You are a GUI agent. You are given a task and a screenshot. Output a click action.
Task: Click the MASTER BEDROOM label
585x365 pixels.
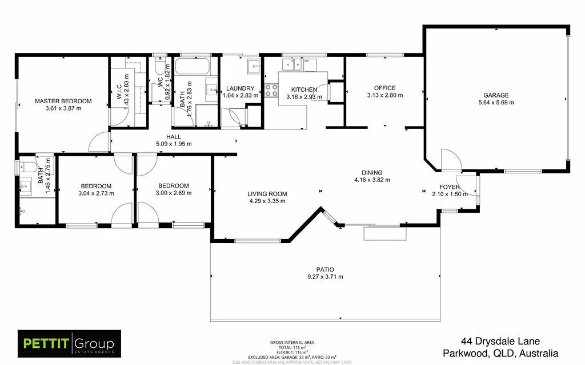tap(63, 102)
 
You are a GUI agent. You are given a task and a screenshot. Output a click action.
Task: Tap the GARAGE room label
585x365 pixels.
tap(496, 95)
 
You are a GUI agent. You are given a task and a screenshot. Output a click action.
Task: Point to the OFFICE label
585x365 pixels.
tap(384, 88)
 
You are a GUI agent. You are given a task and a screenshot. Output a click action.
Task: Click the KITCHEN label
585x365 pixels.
tap(304, 90)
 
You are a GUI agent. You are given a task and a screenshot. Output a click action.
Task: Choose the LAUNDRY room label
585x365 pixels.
tap(240, 88)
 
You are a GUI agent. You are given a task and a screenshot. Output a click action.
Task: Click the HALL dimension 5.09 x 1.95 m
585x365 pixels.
tap(174, 144)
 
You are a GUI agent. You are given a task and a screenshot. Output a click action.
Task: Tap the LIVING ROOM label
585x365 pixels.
tap(267, 193)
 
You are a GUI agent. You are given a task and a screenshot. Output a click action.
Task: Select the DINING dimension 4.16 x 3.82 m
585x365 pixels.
tap(372, 180)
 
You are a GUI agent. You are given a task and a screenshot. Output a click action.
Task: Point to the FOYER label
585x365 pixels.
tap(450, 187)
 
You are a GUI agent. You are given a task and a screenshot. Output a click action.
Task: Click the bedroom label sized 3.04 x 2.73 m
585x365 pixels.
tap(96, 186)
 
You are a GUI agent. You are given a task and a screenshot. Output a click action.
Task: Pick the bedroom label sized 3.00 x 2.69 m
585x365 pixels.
tap(173, 185)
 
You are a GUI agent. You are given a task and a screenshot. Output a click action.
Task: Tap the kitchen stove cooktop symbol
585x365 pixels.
tap(271, 90)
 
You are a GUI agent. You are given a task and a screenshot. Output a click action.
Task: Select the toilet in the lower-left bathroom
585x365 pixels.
tap(23, 168)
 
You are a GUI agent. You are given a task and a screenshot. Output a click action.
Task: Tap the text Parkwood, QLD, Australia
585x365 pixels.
tap(500, 354)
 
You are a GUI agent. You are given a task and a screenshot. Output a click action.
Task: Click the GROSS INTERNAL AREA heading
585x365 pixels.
tap(292, 343)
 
